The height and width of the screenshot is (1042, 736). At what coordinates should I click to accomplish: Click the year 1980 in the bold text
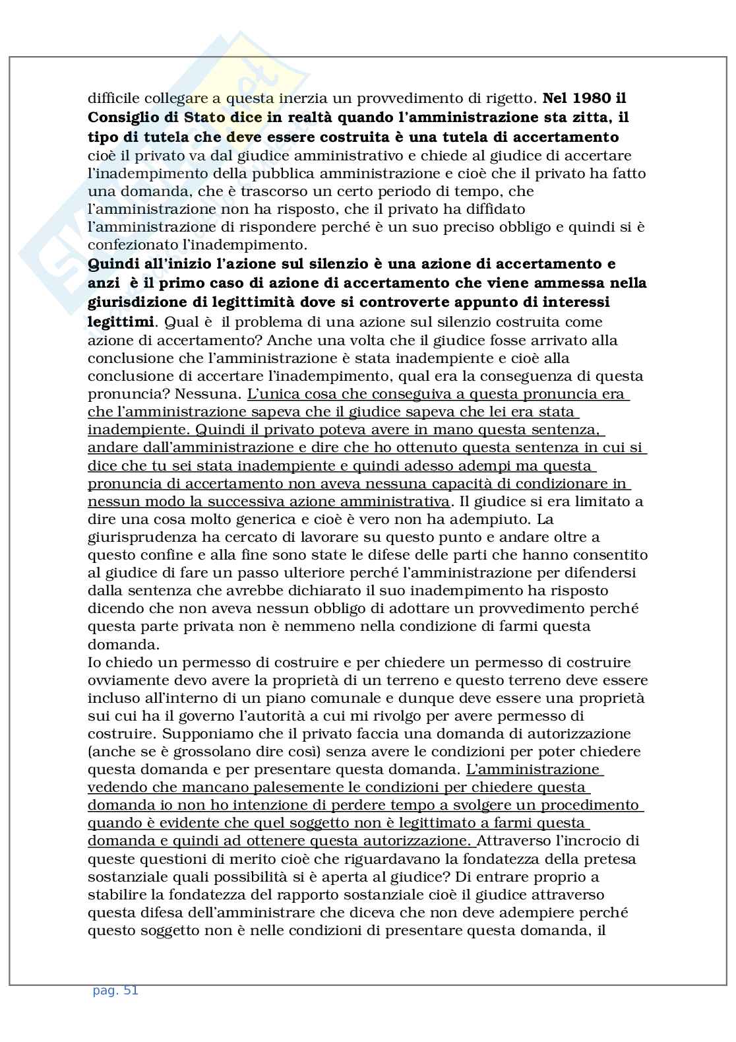(x=586, y=98)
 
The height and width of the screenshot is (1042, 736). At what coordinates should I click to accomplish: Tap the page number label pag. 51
(x=115, y=990)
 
